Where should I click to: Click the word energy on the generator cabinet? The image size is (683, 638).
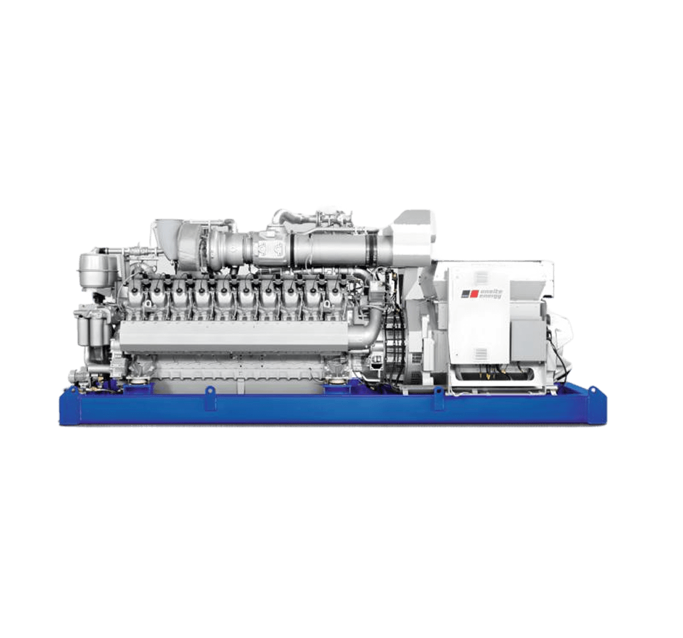[x=490, y=297]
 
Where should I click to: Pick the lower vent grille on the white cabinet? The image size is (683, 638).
[x=481, y=354]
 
